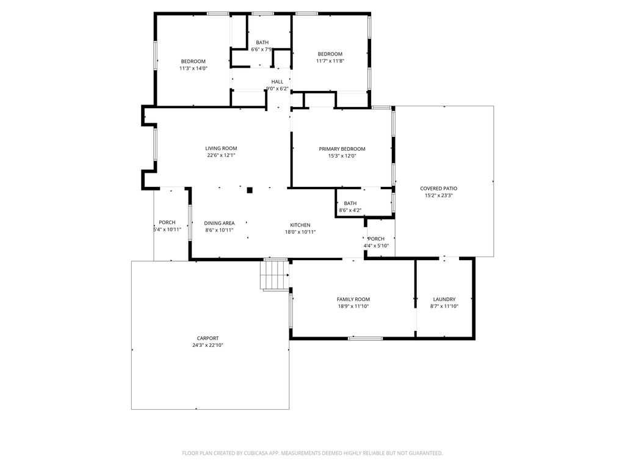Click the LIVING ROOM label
click(221, 148)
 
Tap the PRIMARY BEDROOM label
click(342, 149)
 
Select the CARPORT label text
click(208, 338)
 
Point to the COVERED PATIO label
click(438, 189)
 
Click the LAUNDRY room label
click(444, 299)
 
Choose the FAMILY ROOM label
click(353, 299)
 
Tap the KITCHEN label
click(300, 225)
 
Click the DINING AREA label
click(219, 224)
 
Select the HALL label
click(277, 82)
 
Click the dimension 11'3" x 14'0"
click(193, 68)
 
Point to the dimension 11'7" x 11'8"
click(330, 61)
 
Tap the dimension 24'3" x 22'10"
click(208, 346)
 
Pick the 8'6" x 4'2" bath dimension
click(350, 210)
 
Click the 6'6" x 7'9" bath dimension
click(261, 49)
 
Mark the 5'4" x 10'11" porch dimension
click(167, 230)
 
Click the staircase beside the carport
click(275, 274)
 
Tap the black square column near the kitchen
click(250, 191)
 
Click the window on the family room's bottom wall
click(365, 338)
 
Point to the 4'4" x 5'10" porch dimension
click(376, 246)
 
